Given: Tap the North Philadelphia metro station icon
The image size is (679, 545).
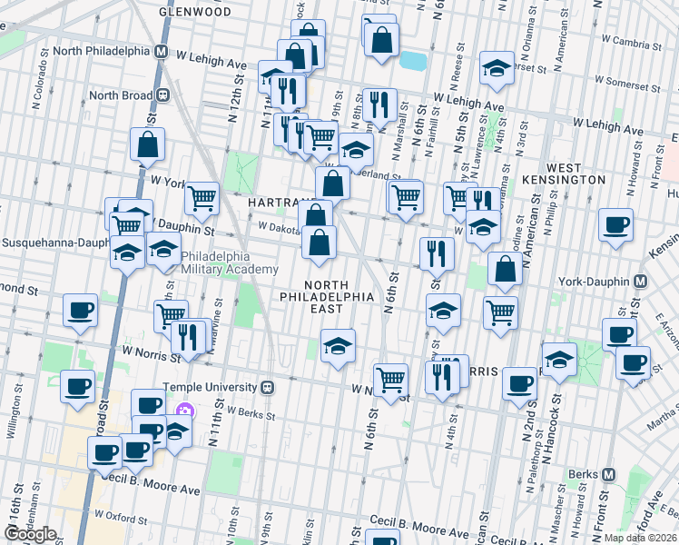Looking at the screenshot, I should click(x=161, y=51).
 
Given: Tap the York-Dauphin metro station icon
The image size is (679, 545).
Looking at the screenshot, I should click(x=641, y=282).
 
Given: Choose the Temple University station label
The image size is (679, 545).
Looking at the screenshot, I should click(x=210, y=387).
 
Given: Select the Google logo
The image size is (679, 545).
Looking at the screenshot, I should click(x=29, y=534).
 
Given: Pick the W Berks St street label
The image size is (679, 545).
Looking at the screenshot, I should click(x=250, y=411).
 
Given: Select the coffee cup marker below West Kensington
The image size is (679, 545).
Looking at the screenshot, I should click(x=615, y=226).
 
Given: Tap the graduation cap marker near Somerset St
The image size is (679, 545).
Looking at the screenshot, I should click(x=496, y=69).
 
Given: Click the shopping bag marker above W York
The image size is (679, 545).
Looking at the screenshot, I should click(x=147, y=144).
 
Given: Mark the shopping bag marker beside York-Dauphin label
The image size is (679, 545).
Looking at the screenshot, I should click(x=504, y=270).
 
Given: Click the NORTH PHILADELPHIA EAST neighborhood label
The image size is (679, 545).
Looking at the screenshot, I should click(x=326, y=297).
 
